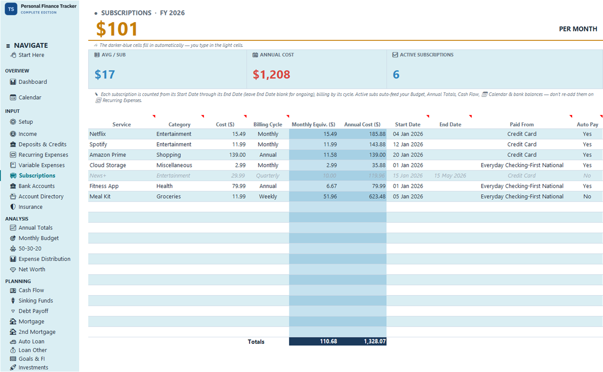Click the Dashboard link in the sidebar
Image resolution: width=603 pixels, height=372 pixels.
(33, 82)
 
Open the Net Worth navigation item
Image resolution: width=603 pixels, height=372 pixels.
(32, 269)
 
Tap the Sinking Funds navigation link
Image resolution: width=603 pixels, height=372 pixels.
(36, 300)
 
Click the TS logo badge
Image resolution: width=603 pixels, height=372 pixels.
(11, 9)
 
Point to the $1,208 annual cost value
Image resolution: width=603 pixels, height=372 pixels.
(271, 74)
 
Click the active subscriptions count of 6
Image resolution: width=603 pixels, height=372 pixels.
(396, 74)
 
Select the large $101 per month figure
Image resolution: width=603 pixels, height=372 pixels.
(117, 29)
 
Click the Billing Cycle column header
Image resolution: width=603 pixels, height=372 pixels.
(268, 125)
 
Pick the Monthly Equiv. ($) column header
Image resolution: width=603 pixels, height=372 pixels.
(313, 125)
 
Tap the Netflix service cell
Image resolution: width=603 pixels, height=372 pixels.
(98, 134)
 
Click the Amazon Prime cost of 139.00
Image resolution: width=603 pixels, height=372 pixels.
(237, 155)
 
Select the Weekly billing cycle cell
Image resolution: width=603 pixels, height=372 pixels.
(268, 196)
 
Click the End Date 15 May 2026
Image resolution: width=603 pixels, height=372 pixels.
(450, 176)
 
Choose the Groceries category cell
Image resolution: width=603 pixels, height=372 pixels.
(168, 196)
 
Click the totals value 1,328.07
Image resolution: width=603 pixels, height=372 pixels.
(375, 341)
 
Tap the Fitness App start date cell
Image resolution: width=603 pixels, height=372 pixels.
(408, 186)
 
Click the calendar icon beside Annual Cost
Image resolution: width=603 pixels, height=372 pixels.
(255, 55)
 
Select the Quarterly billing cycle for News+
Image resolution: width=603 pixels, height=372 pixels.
(268, 176)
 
